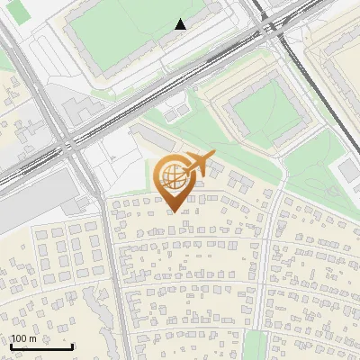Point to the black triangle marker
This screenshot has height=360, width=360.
tap(181, 24)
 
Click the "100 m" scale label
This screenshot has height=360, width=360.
tap(23, 338)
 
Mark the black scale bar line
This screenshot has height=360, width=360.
tap(41, 346)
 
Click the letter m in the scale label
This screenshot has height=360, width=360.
tap(32, 338)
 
